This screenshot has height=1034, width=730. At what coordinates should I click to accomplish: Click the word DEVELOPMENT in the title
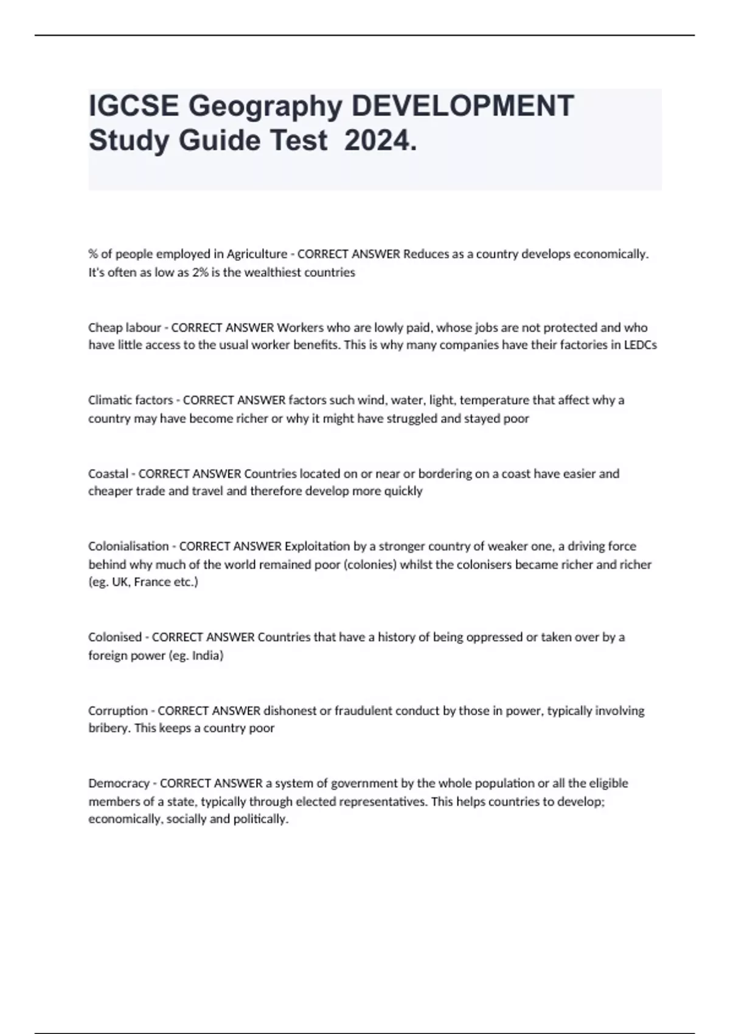click(x=463, y=105)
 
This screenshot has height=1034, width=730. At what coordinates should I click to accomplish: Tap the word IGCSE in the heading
click(x=134, y=105)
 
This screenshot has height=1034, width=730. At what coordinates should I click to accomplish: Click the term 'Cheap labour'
click(x=125, y=327)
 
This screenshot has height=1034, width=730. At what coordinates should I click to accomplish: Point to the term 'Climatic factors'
click(x=131, y=400)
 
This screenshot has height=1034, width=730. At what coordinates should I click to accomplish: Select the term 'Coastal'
click(x=108, y=473)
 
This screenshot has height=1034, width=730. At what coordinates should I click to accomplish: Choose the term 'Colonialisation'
click(x=128, y=546)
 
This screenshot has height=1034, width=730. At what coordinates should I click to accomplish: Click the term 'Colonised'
click(x=115, y=637)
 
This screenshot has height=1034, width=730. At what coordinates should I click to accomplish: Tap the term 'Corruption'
click(x=118, y=710)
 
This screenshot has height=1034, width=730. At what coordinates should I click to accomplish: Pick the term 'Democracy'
click(x=119, y=783)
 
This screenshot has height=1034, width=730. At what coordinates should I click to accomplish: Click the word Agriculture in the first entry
click(x=257, y=254)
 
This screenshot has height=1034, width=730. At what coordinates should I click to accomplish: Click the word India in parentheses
click(x=206, y=656)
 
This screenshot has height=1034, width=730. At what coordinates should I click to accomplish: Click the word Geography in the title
click(x=265, y=105)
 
